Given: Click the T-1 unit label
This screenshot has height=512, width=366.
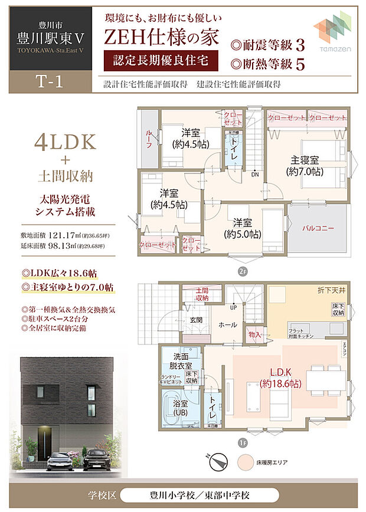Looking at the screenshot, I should pyautogui.click(x=50, y=83).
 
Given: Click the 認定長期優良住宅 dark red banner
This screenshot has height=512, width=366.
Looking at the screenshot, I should pyautogui.click(x=156, y=61).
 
